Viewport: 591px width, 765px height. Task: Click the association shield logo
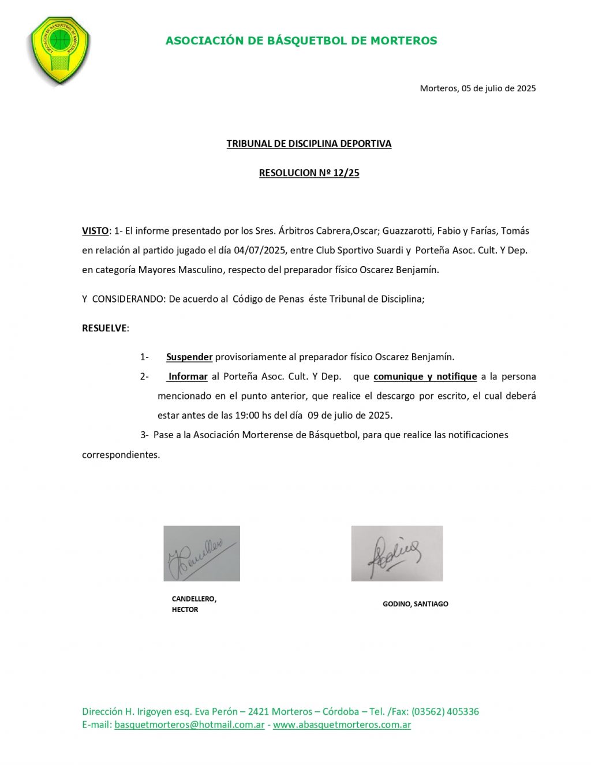point(59,50)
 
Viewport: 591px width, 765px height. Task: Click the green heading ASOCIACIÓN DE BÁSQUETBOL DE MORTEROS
point(301,41)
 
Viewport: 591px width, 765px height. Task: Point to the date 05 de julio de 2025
point(499,88)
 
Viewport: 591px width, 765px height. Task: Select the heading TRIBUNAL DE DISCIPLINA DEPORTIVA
point(309,144)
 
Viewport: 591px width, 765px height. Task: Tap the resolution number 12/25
point(346,173)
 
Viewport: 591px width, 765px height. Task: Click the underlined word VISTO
point(95,231)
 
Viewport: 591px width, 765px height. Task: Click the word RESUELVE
point(104,328)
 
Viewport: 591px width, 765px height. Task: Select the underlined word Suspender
point(189,357)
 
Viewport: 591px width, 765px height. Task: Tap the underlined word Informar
point(188,377)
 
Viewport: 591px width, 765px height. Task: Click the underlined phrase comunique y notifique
point(425,377)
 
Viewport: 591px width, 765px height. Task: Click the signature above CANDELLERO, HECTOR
point(201,554)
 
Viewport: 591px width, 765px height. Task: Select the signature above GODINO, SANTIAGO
point(397,554)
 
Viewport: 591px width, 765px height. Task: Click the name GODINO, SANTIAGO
point(415,604)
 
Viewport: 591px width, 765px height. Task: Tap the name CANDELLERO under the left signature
point(194,599)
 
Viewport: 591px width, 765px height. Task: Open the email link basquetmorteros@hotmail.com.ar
point(189,725)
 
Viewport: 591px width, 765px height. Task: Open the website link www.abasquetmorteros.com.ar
point(342,725)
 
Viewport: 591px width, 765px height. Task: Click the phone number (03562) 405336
point(445,712)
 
